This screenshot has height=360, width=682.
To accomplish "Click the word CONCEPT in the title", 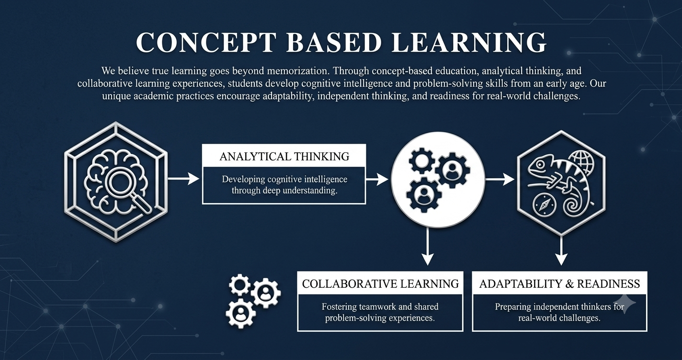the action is [206, 42].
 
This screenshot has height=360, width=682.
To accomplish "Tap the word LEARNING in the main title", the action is [469, 42].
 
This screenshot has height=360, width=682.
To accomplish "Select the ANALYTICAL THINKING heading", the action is [284, 157].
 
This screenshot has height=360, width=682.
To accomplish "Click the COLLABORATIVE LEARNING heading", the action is [380, 283].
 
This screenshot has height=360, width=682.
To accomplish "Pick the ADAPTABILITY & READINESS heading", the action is [559, 283].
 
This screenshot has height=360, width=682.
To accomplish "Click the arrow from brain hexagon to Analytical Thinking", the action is [183, 179].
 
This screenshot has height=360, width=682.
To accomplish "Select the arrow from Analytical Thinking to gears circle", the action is [377, 179].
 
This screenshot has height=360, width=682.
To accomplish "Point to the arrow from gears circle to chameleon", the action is [500, 179].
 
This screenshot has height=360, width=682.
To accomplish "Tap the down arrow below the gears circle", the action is [428, 247].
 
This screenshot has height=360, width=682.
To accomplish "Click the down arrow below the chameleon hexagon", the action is [561, 251].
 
